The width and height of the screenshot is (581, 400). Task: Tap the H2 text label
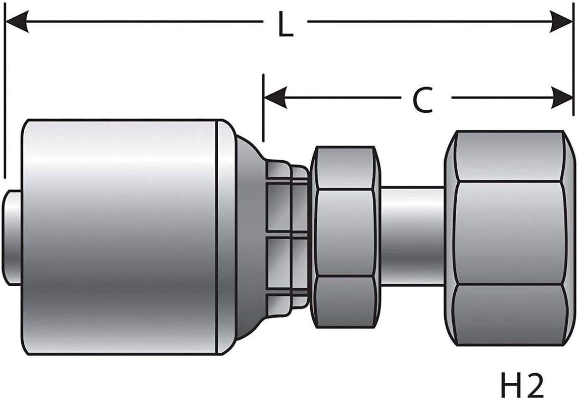[x=521, y=385]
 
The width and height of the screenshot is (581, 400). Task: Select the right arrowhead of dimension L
[x=562, y=22]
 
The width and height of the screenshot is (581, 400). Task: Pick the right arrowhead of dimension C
[x=562, y=97]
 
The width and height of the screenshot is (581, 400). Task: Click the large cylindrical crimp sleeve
[x=121, y=237]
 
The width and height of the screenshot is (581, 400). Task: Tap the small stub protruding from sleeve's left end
[x=12, y=237]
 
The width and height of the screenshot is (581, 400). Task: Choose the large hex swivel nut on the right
[x=509, y=238]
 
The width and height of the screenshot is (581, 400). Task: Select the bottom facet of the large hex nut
[x=509, y=315]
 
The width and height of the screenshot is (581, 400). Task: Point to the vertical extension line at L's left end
[x=4, y=101]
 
